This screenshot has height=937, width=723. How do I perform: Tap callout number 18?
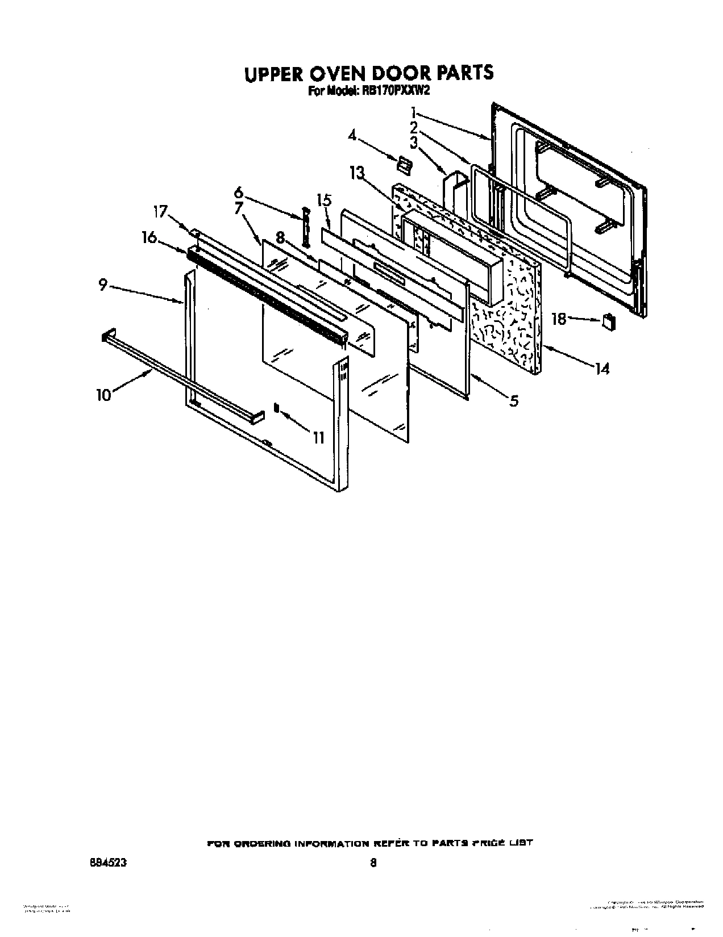[559, 319]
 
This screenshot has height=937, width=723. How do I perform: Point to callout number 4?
[352, 136]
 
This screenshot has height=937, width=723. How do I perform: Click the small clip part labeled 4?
[404, 164]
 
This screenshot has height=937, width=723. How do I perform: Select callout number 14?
[602, 369]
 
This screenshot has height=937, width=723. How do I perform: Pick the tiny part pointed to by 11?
[277, 408]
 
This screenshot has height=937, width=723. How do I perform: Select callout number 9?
[103, 285]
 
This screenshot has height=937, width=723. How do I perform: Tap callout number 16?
[149, 237]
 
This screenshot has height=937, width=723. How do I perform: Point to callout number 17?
[160, 212]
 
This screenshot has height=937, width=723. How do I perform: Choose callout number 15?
[324, 200]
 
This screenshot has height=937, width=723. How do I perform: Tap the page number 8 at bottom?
[373, 862]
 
